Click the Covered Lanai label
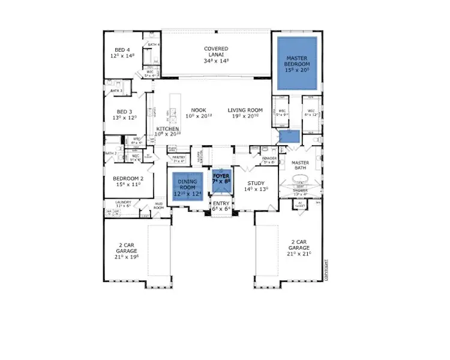pos(215,55)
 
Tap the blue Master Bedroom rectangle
pos(297,63)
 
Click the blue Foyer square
pos(221,181)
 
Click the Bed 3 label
pos(124,114)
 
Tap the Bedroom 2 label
pos(128,182)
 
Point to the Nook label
pos(199,113)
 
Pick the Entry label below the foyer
pos(221,206)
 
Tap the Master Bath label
pos(299,166)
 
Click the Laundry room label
pos(124,204)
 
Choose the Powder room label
pos(268,159)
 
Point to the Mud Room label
pos(158,206)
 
